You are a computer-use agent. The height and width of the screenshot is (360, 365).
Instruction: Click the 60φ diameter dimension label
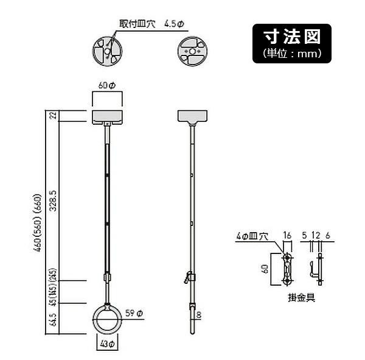(x=107, y=86)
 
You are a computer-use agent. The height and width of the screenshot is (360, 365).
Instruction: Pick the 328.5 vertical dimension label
(x=54, y=200)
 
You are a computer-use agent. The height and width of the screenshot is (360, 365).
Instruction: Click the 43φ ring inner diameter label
(x=107, y=344)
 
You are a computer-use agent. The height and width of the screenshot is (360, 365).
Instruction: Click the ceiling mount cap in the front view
(x=107, y=116)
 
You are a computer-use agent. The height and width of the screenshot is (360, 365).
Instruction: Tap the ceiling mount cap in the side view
(x=192, y=116)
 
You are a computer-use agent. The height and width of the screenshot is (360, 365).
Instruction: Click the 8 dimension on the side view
(x=199, y=315)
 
